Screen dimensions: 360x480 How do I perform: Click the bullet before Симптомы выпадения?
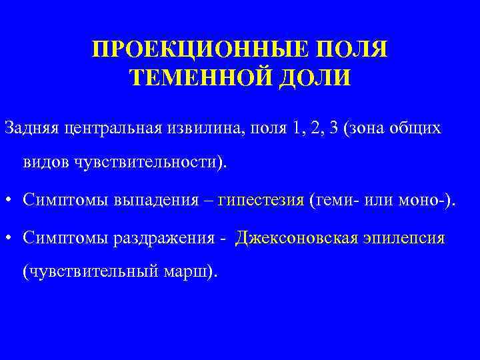point(9,199)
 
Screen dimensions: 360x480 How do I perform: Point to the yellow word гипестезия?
point(265,199)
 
